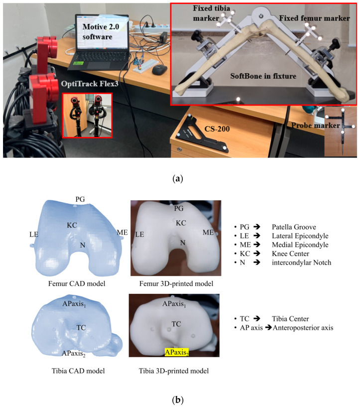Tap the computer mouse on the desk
click(159, 70)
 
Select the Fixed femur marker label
click(314, 18)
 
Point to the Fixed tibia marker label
click(211, 13)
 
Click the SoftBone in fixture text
click(263, 76)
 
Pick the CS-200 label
click(217, 129)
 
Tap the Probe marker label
click(315, 126)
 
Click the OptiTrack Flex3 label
click(90, 84)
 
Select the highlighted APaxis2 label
click(176, 352)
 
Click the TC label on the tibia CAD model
click(81, 327)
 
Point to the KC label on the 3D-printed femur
click(181, 223)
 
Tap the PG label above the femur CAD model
click(80, 199)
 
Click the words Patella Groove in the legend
click(294, 227)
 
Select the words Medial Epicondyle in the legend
click(300, 245)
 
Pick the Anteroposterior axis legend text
click(303, 328)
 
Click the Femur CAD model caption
click(77, 283)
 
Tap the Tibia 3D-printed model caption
click(173, 371)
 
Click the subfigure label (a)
click(178, 179)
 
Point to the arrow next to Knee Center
click(257, 254)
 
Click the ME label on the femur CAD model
click(122, 232)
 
